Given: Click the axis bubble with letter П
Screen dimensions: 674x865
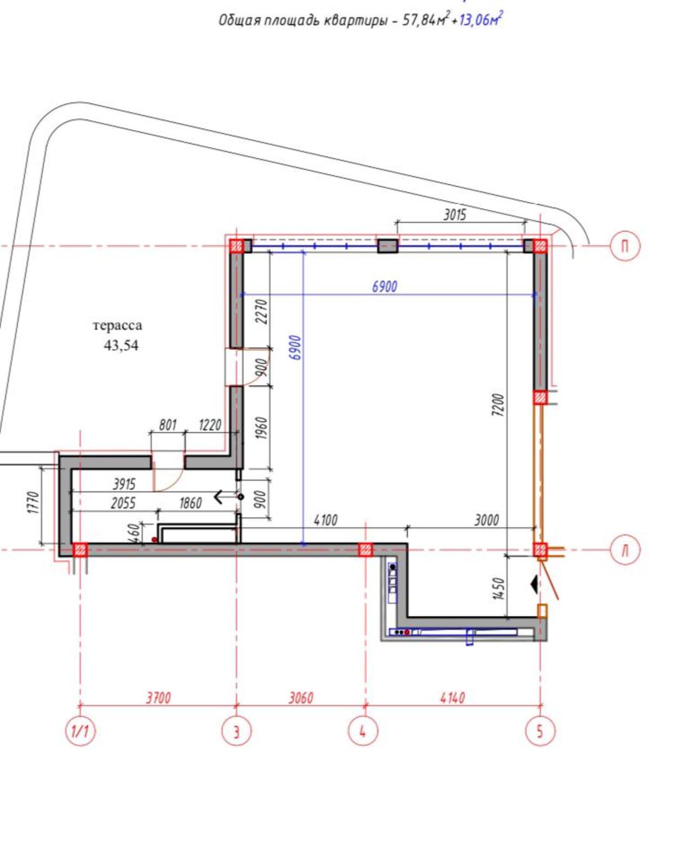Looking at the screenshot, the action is (x=625, y=247).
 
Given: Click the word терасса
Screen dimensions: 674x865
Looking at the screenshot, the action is (x=117, y=326).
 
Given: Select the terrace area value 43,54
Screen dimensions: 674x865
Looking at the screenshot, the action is (x=121, y=345).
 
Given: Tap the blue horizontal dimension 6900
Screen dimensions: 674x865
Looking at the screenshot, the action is (x=385, y=287).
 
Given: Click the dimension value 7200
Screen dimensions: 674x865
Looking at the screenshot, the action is (x=498, y=405).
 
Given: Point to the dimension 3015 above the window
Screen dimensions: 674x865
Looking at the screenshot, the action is (x=454, y=215).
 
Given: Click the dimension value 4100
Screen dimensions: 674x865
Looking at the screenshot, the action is (x=325, y=520).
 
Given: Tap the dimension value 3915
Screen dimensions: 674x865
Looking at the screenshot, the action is (x=124, y=484).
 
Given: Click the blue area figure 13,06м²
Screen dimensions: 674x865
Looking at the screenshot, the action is (x=480, y=19).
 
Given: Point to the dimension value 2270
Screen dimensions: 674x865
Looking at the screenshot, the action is (x=263, y=312).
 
